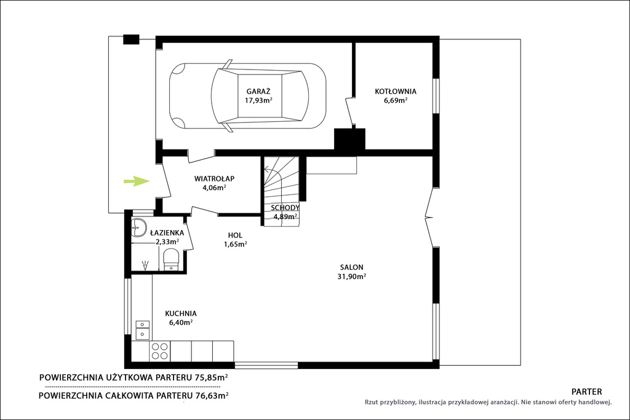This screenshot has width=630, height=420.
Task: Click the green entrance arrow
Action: point(137,181)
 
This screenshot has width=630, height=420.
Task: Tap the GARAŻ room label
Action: point(258,91)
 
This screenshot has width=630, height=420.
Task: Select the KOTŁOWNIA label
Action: point(396,92)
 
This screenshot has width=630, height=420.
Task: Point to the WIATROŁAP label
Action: point(214,178)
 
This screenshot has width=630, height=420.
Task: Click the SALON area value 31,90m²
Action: point(351,276)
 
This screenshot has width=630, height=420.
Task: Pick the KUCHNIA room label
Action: point(181,313)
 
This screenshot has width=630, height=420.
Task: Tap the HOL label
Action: point(235,236)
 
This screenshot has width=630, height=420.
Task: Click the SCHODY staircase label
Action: point(285,208)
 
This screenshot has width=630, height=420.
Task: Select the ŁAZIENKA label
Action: point(167,232)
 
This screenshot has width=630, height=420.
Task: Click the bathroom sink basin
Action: point(138,228)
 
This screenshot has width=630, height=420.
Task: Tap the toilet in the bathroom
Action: point(171,260)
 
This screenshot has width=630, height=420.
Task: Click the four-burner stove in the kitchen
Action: point(159,351)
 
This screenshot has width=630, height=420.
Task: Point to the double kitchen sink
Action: point(143,330)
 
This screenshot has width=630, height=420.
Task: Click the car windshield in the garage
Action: point(225,96)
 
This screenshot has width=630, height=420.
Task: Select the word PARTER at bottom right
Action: point(586,392)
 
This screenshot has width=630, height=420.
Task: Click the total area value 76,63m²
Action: point(212,395)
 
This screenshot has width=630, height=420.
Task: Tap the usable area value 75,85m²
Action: point(212,378)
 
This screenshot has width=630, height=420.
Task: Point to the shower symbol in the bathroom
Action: point(145,264)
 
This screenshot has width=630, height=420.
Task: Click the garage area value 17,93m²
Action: point(258,100)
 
